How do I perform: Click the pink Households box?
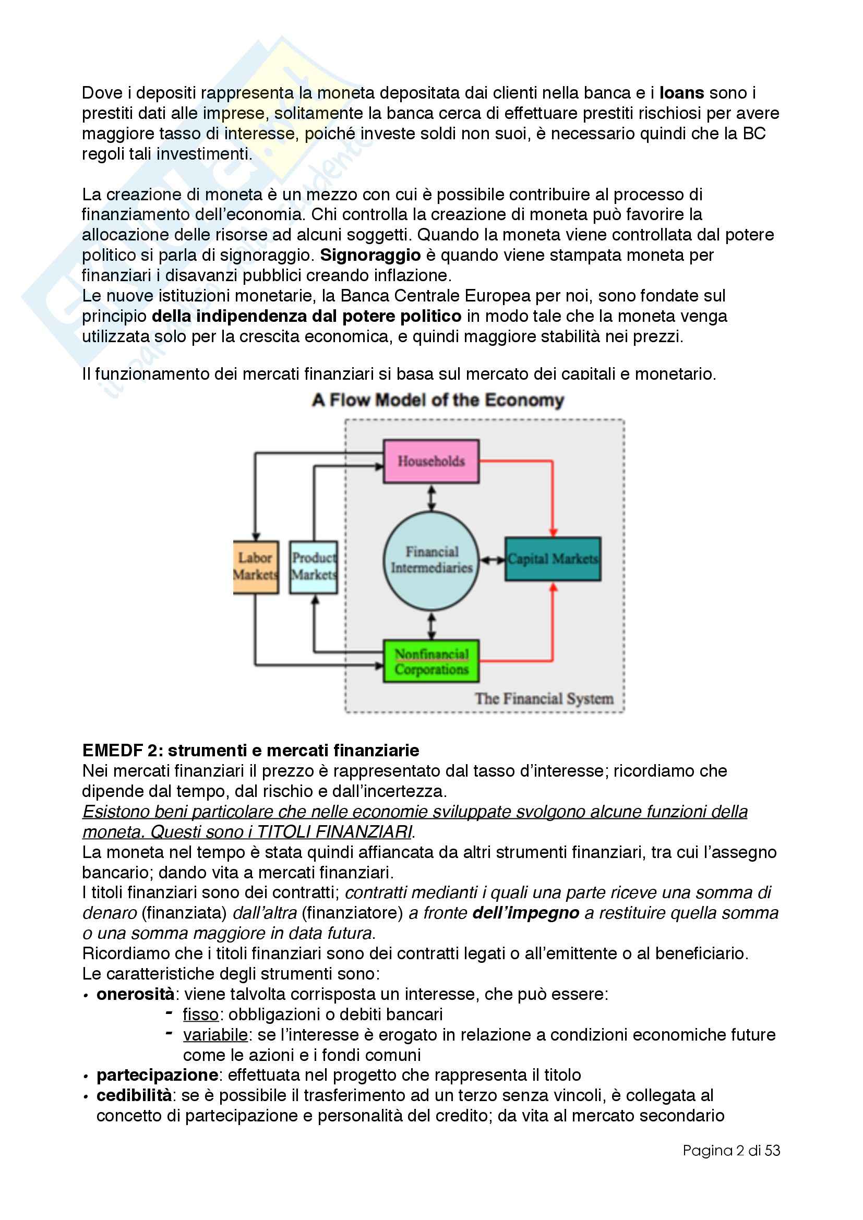431,461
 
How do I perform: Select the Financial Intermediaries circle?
431,560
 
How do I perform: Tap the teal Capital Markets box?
553,559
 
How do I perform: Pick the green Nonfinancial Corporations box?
431,661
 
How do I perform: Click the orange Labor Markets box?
256,566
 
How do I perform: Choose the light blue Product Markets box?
314,566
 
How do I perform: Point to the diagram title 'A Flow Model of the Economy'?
438,400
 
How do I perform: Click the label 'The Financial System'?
544,699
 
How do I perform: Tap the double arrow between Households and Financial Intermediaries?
431,498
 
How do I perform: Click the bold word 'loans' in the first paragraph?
681,93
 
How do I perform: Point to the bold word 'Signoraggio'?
370,255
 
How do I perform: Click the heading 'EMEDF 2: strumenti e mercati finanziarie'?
250,750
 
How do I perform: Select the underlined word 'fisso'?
200,1014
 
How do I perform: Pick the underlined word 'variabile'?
215,1034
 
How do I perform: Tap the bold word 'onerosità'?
135,994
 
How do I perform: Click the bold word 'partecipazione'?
157,1075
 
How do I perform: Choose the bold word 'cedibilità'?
134,1095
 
